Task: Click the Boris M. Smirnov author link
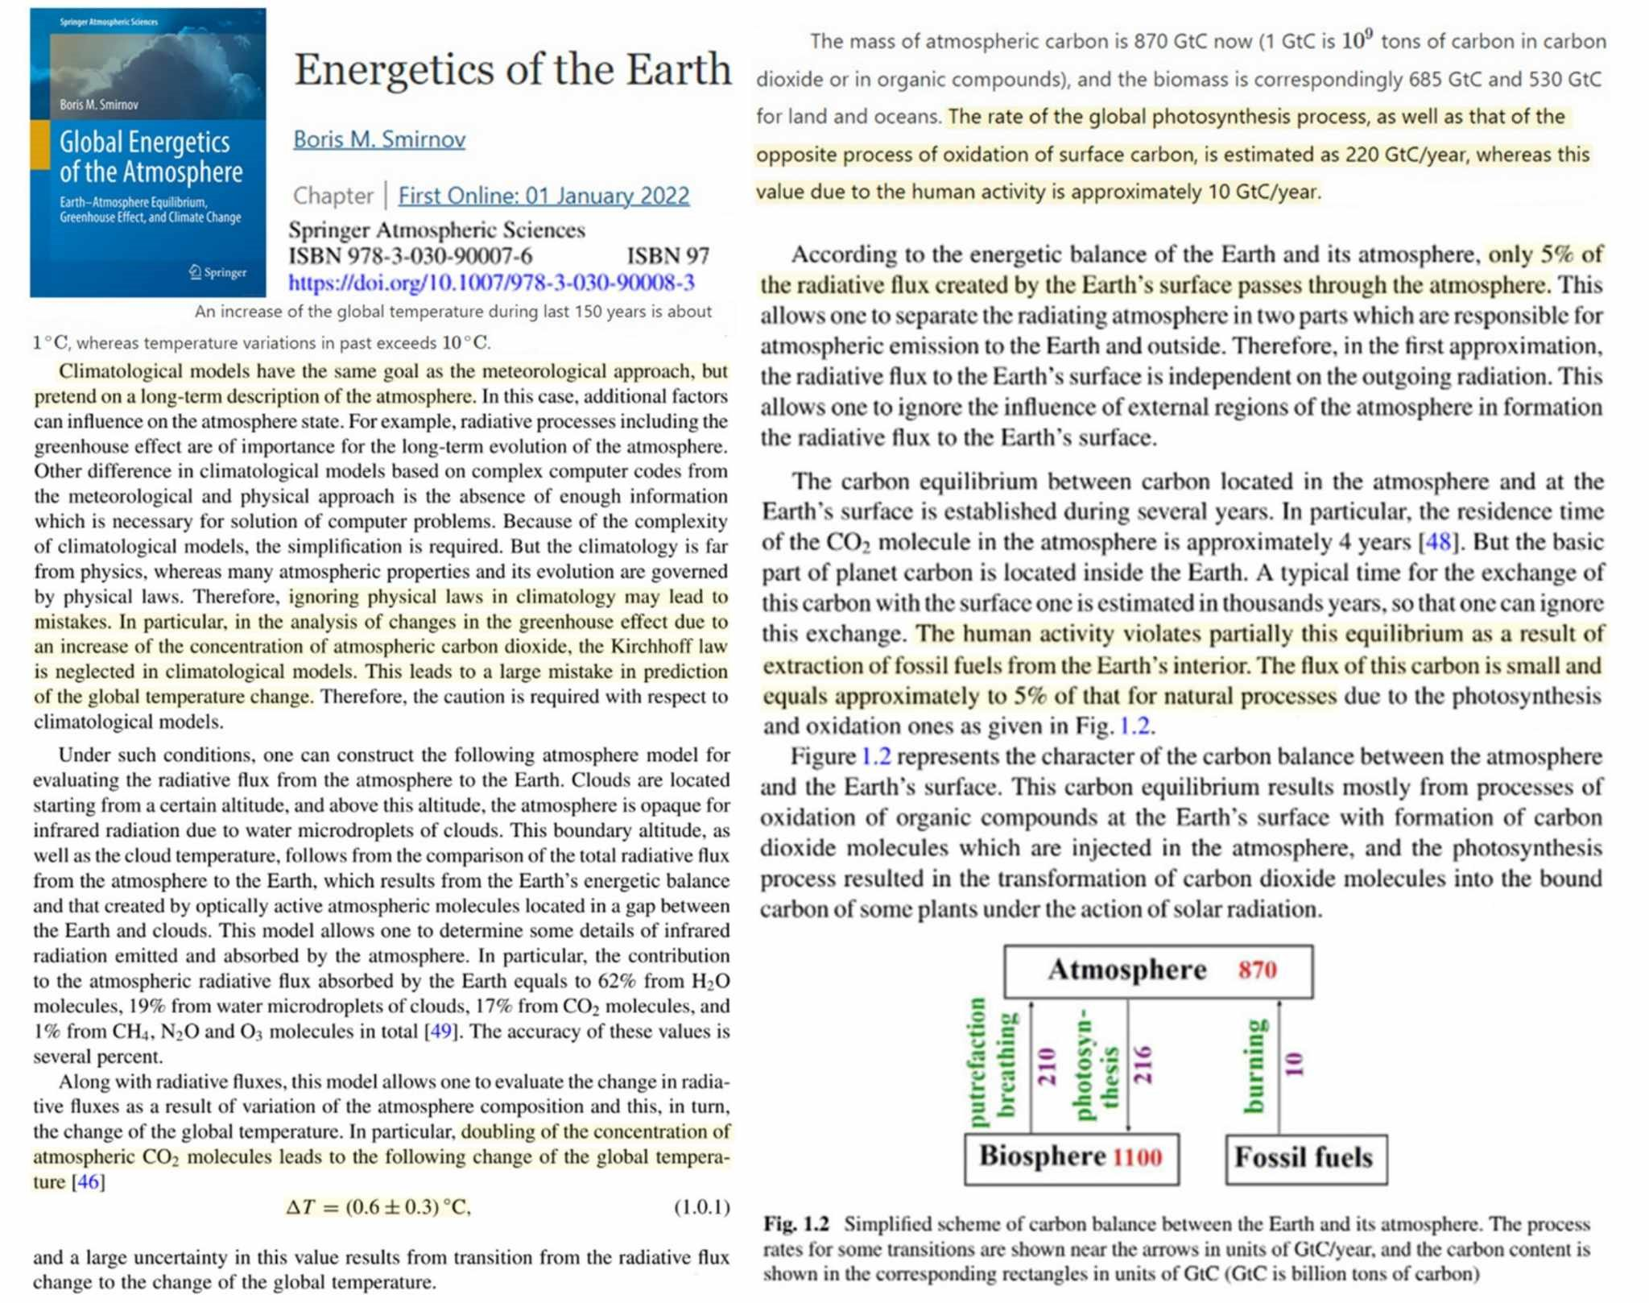[379, 140]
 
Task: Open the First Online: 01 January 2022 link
[543, 196]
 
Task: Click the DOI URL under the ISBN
[491, 283]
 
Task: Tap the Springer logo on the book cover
[217, 272]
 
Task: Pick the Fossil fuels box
[1304, 1158]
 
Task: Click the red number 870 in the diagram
[1257, 970]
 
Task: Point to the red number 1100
[1137, 1158]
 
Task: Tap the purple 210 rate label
[1047, 1066]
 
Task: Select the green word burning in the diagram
[1254, 1065]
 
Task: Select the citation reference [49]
[440, 1031]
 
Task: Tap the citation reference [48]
[1438, 542]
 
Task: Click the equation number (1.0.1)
[701, 1206]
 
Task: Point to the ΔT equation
[378, 1206]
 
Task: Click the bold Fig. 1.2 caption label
[796, 1224]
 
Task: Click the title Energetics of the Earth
[513, 69]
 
